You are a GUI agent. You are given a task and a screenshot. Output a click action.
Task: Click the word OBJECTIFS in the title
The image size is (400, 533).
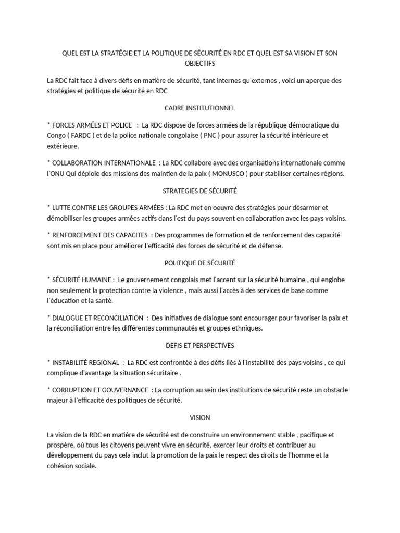click(199, 64)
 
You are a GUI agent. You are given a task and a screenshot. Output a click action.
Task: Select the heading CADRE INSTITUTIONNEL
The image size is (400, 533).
click(199, 108)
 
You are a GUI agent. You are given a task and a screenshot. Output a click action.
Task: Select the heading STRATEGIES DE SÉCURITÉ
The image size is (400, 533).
click(199, 191)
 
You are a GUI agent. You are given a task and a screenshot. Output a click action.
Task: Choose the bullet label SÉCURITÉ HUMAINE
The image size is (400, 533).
click(82, 280)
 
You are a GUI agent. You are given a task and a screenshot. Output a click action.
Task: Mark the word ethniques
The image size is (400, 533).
click(247, 328)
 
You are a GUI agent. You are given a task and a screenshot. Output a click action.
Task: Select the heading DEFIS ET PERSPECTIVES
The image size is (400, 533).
click(199, 346)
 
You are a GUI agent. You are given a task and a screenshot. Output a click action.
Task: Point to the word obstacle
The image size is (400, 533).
click(333, 390)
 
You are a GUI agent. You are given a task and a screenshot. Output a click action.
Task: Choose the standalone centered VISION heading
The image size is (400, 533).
click(199, 418)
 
